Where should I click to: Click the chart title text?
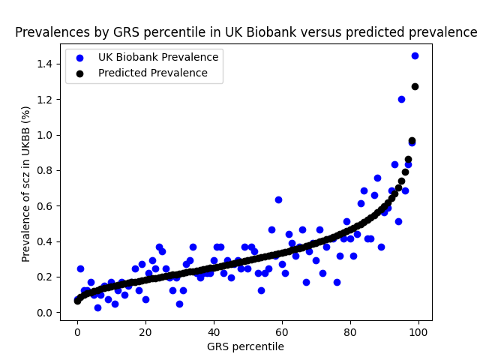point(246,32)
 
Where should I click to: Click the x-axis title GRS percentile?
point(246,346)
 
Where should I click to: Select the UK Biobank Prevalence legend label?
point(158,57)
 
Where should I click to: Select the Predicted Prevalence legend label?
point(152,73)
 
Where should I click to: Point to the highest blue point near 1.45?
point(415,55)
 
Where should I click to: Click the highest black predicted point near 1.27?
point(415,86)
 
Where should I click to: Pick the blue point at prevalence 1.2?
point(401,99)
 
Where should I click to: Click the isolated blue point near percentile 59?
point(278,199)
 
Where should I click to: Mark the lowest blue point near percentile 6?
point(97,307)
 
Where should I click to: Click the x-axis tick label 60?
point(282,331)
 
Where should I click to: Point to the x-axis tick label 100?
point(418,331)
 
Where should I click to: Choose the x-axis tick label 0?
point(77,331)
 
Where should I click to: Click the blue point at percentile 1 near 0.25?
point(80,268)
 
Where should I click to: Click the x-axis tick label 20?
point(145,331)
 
